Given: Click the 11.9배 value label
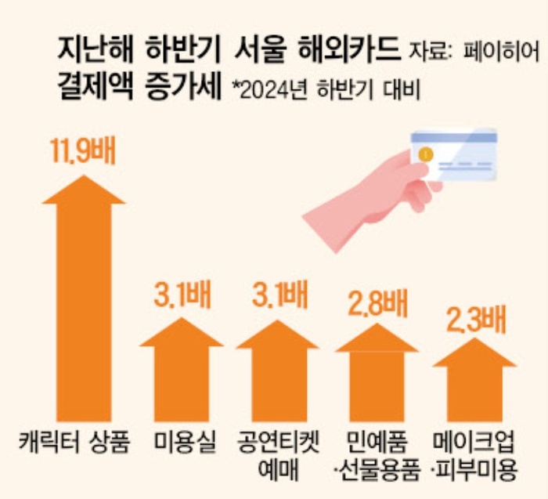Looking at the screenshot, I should point(83,151).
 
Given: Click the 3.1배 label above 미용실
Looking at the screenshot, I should point(182,295).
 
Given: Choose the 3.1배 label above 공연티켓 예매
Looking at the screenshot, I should point(278,295).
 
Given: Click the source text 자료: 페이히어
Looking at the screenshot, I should point(474,53).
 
